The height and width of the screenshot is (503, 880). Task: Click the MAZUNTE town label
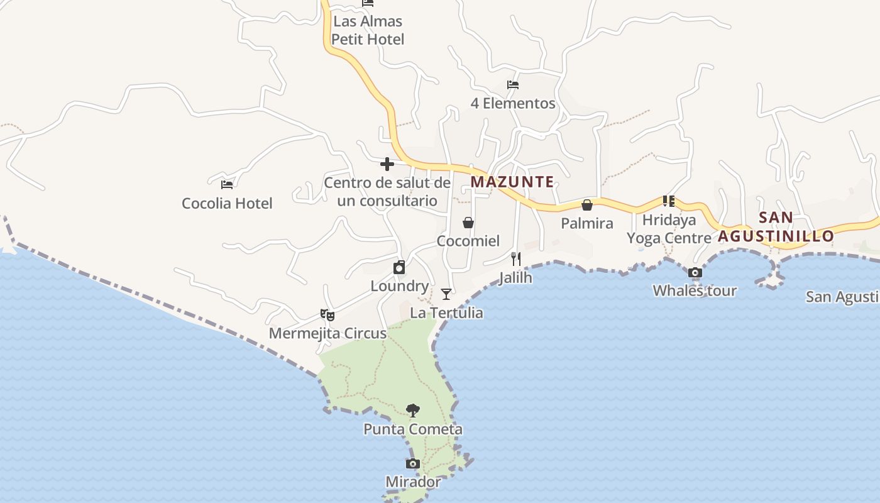tap(512, 182)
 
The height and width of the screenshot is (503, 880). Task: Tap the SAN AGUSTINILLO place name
tap(776, 228)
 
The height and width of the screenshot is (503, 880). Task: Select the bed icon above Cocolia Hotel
tap(227, 185)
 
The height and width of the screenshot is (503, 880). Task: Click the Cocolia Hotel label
tap(227, 204)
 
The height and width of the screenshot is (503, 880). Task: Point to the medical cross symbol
tap(387, 165)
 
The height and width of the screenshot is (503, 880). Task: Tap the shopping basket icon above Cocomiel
tap(468, 223)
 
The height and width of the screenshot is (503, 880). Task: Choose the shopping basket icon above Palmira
tap(587, 205)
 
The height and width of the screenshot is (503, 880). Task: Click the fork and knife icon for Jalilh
tap(516, 259)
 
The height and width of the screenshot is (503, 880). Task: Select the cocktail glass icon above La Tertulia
tap(446, 294)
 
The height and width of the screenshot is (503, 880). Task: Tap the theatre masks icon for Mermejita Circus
tap(327, 315)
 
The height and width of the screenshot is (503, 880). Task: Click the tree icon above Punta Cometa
tap(413, 411)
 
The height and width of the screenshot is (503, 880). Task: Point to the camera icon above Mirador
tap(413, 464)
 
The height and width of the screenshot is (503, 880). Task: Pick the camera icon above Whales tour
tap(695, 273)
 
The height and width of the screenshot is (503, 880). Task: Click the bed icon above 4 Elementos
tap(513, 85)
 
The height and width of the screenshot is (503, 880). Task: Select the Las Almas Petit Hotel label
tap(368, 30)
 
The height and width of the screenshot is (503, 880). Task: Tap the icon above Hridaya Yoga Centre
tap(669, 201)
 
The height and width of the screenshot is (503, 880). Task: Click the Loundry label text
tap(400, 287)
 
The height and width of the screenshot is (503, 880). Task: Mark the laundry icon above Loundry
tap(399, 268)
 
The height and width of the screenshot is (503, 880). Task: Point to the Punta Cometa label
tap(413, 429)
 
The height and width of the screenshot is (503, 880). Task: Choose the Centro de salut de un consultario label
tap(387, 192)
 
